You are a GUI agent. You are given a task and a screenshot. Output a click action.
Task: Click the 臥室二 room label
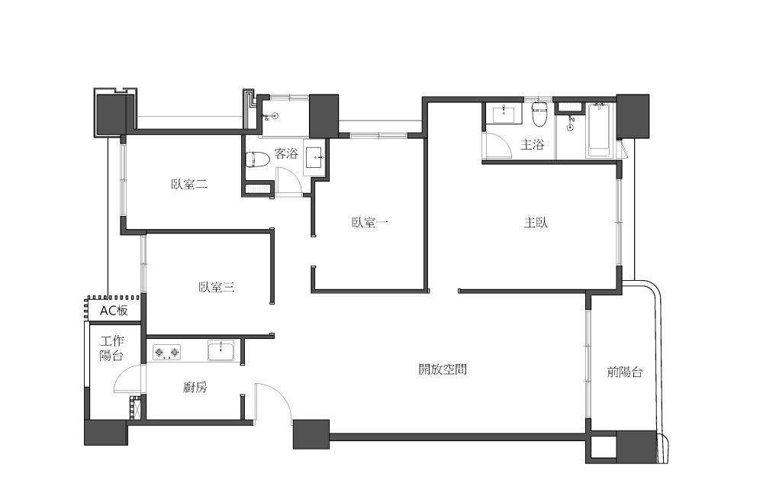(189, 184)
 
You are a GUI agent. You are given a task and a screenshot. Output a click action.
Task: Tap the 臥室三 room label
(217, 287)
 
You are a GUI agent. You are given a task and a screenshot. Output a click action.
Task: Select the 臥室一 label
(370, 223)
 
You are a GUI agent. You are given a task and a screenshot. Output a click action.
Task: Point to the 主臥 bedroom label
(536, 223)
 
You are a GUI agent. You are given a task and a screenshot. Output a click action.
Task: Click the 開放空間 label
(443, 369)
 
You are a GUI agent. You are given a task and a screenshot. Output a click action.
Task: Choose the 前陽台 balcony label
(625, 372)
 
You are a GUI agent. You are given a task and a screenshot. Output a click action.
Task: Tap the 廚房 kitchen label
(195, 387)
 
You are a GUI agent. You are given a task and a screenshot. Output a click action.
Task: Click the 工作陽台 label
(112, 348)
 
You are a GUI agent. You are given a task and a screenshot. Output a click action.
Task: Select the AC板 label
(114, 311)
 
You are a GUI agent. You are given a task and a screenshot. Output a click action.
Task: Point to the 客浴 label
(286, 154)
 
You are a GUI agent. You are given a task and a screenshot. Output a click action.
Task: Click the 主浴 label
(532, 144)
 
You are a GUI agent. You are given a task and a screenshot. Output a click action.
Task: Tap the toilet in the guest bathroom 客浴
(257, 160)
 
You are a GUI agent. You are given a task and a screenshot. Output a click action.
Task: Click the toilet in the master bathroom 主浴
(539, 114)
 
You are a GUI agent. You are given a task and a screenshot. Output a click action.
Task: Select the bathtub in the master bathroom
(598, 130)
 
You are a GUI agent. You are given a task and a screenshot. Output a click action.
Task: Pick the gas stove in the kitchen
(167, 352)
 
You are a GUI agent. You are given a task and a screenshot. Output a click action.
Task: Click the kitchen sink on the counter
(221, 350)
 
